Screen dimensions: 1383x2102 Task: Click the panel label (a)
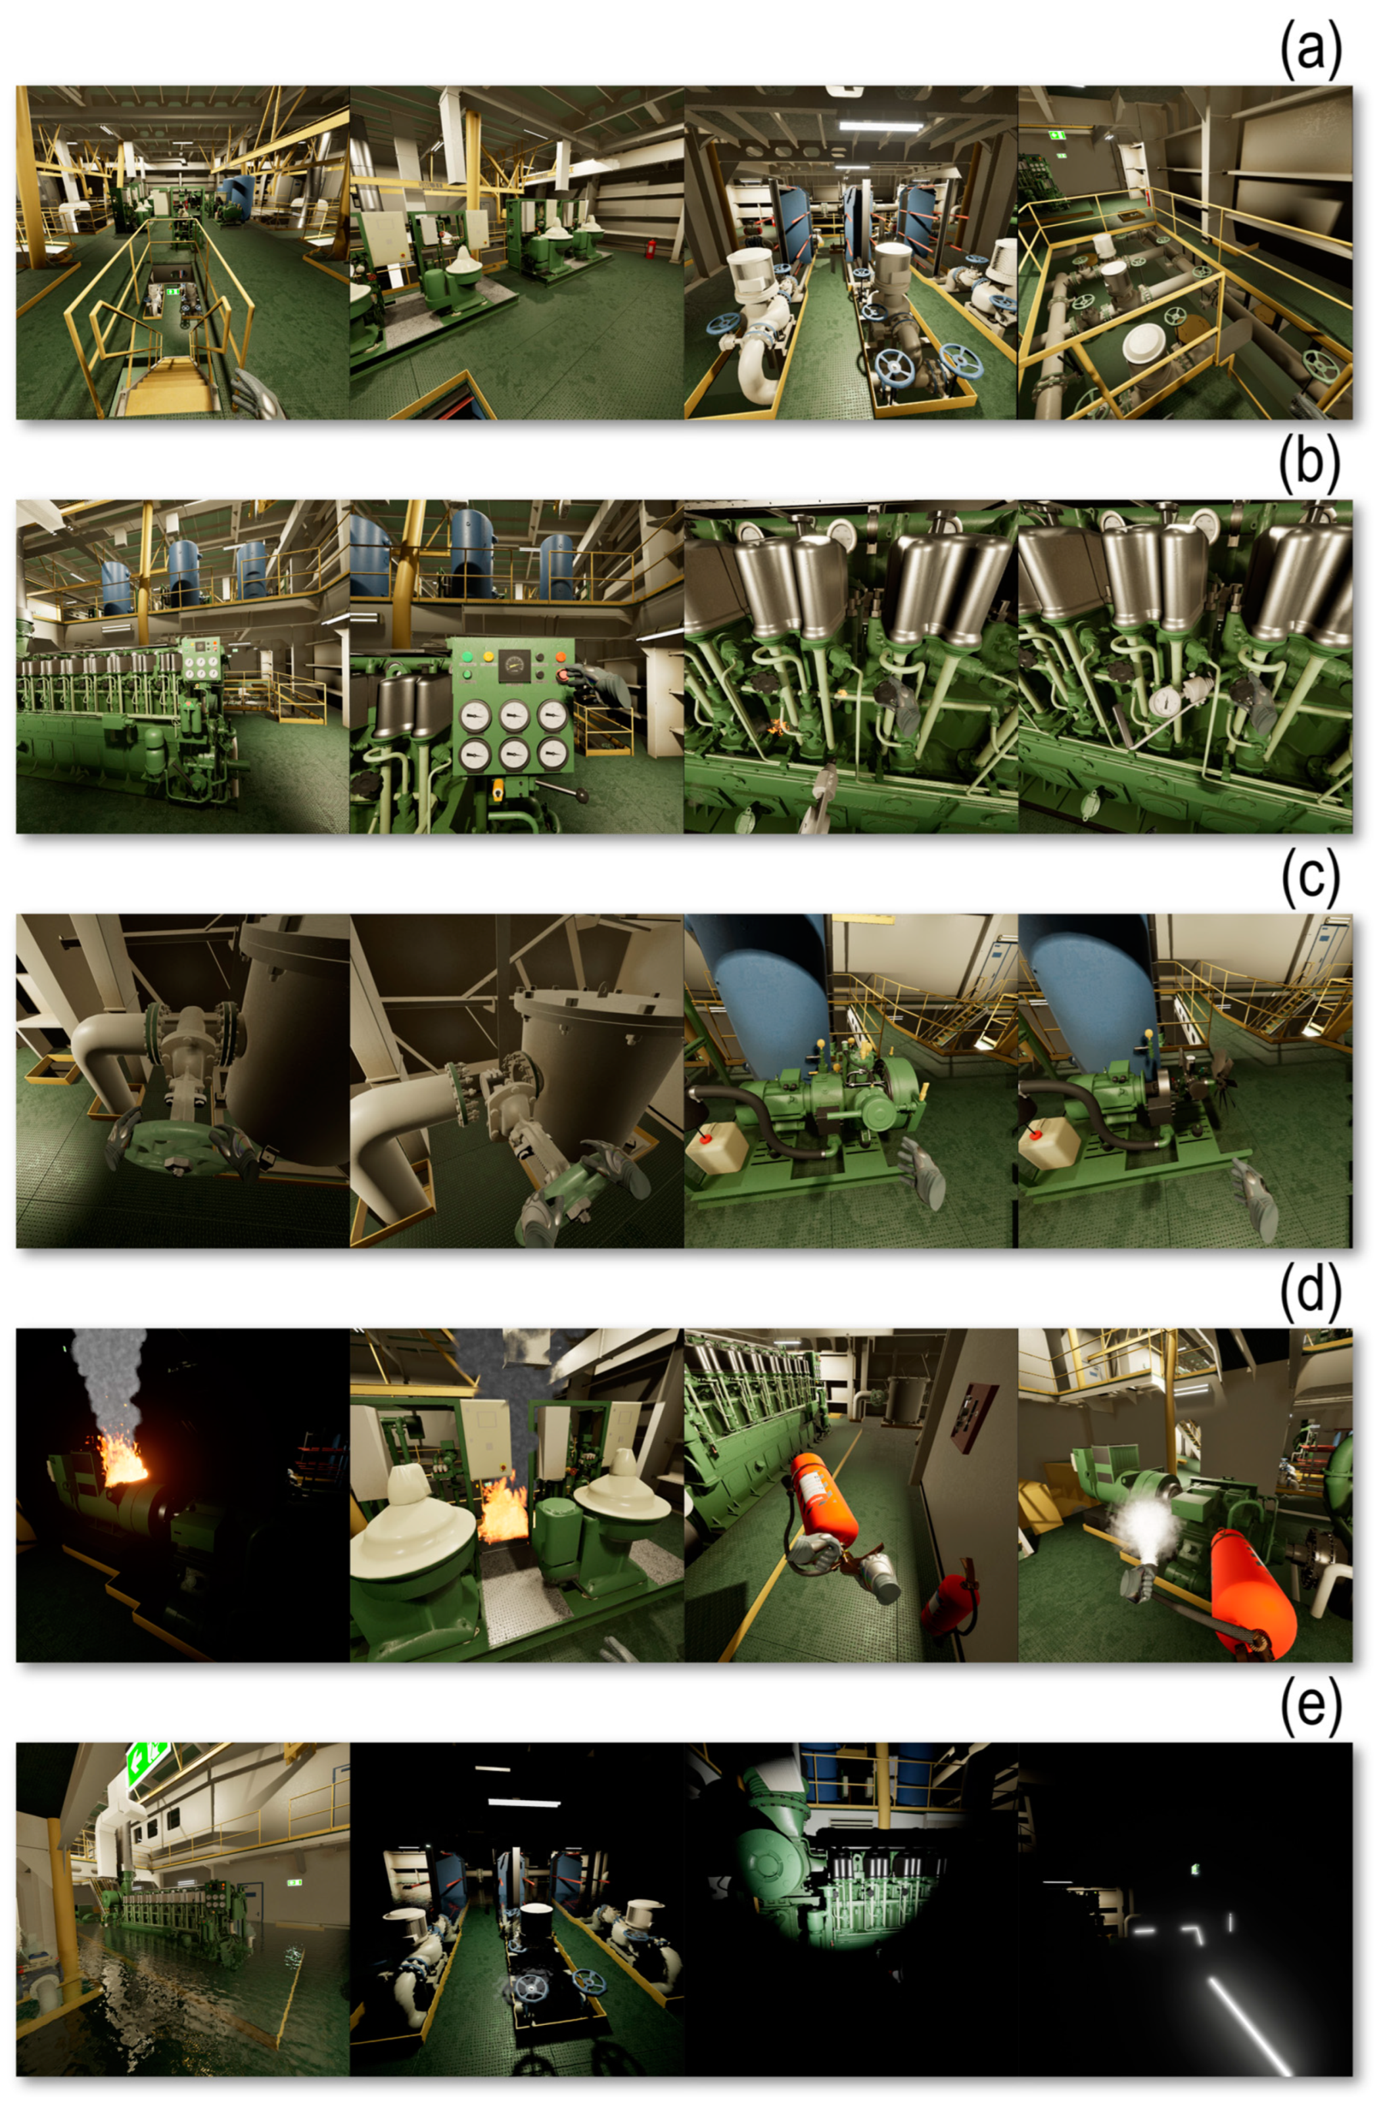(1311, 49)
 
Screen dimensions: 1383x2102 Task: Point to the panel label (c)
(1311, 876)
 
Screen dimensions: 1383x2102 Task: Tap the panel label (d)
(1311, 1291)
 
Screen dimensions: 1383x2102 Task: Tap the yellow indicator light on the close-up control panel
(488, 657)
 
